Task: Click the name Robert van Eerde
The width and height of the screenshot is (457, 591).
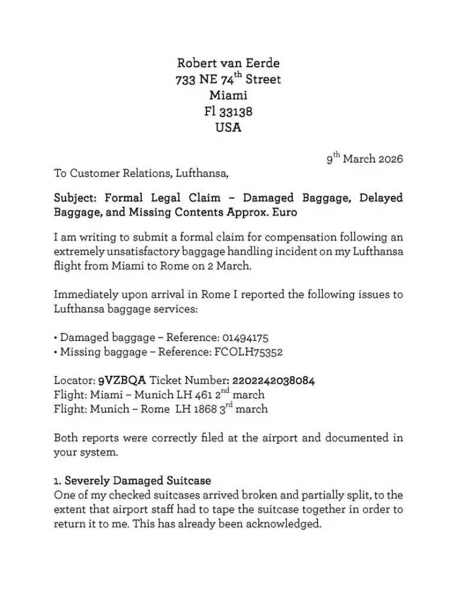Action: (x=228, y=63)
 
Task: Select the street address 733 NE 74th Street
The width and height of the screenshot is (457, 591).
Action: (x=228, y=79)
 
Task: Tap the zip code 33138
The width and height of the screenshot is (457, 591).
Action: (x=236, y=111)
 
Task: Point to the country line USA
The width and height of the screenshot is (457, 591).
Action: (x=228, y=127)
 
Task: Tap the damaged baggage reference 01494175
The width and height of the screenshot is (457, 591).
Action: (x=245, y=338)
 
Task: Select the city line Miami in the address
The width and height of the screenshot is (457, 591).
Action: (x=228, y=95)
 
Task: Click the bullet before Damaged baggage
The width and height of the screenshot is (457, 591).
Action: (x=56, y=339)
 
